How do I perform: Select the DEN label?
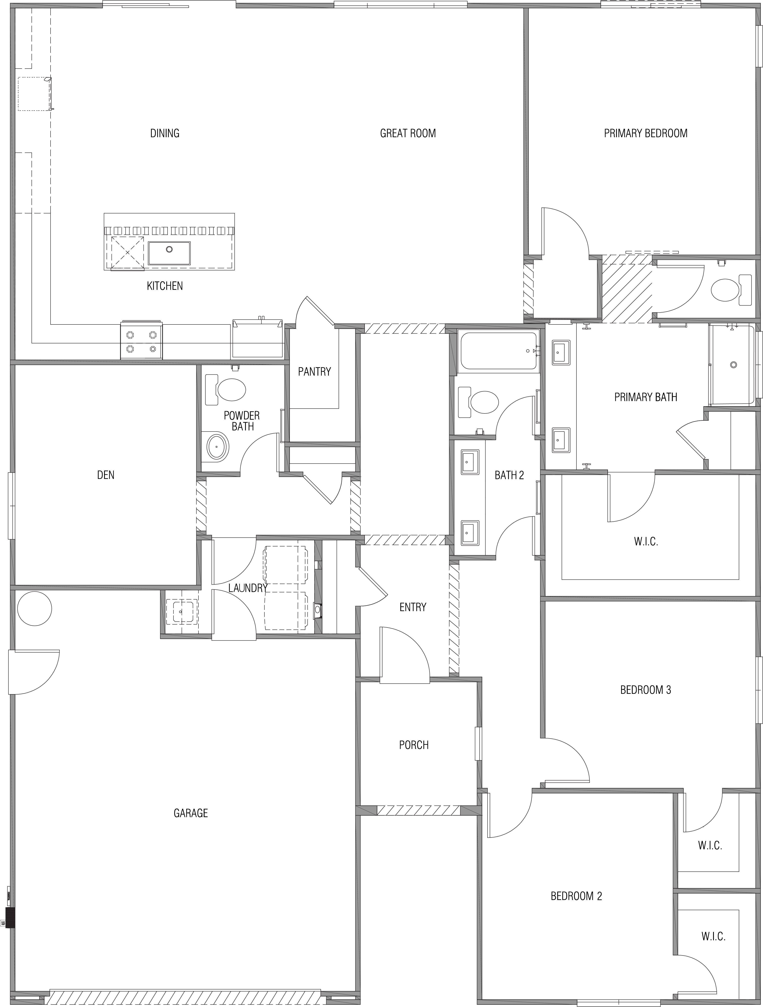tap(106, 475)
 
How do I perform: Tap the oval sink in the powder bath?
tap(217, 447)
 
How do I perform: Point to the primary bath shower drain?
tap(733, 365)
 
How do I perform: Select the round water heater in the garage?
tap(35, 609)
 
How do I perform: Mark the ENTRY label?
tap(413, 607)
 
